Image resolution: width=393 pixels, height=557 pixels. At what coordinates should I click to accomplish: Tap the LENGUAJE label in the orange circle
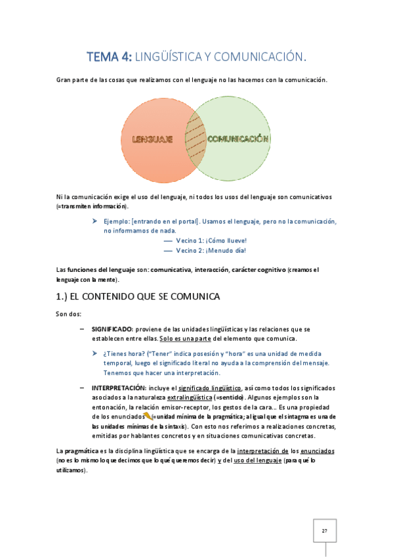click(x=152, y=139)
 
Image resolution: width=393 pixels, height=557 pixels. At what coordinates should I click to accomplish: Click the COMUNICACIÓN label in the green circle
click(x=238, y=139)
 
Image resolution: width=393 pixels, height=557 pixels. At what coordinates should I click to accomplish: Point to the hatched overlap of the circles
click(x=196, y=139)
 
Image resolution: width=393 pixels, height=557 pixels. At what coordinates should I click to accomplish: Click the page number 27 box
click(x=324, y=530)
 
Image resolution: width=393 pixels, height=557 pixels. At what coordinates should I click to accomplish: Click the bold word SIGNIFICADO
click(x=112, y=328)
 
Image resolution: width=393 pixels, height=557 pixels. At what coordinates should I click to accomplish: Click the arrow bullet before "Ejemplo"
click(x=96, y=222)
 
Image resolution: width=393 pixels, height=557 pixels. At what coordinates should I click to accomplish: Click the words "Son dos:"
click(x=69, y=313)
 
